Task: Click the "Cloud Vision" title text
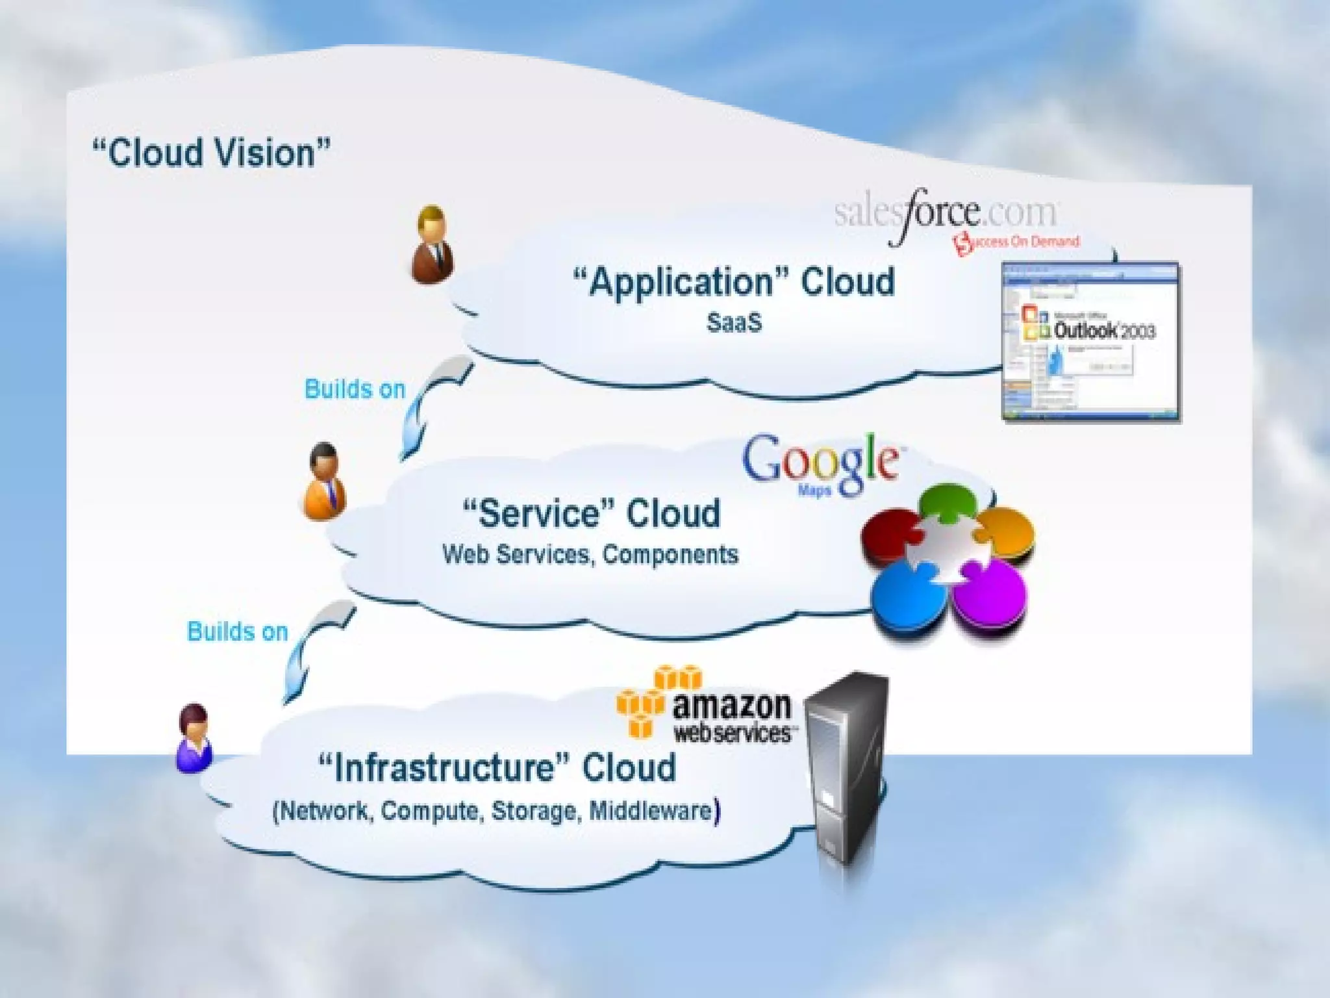click(211, 153)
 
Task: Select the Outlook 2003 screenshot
click(1090, 342)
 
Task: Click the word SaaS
click(734, 322)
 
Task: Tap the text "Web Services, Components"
click(590, 554)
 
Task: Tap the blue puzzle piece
click(905, 594)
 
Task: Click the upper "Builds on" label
click(355, 389)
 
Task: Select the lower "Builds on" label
click(237, 632)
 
